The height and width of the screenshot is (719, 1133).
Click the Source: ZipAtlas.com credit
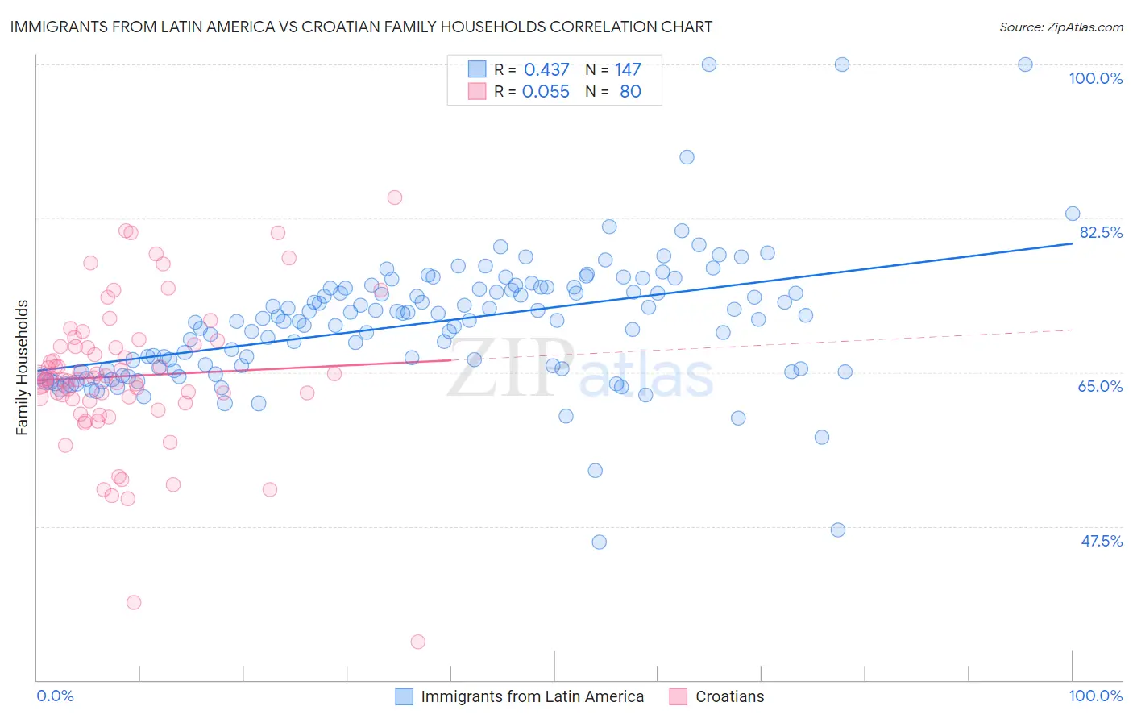(1060, 27)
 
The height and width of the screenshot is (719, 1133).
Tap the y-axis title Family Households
(23, 368)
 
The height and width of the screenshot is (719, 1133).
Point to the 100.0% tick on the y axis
(1095, 78)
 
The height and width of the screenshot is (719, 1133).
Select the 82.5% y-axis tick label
(1101, 232)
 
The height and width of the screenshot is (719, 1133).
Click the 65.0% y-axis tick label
(1100, 386)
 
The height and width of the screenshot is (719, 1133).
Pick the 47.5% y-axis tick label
(1102, 541)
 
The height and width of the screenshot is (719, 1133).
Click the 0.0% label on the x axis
(55, 696)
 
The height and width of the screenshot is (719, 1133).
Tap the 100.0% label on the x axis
(1095, 696)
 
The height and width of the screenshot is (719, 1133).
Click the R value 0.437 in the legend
(546, 70)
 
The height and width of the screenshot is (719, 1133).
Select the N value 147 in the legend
(628, 70)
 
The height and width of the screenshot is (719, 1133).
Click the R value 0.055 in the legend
(546, 92)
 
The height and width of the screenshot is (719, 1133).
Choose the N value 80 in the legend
(630, 92)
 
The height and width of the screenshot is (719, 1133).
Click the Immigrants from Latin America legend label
(532, 696)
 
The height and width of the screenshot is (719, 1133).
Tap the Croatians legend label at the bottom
(729, 696)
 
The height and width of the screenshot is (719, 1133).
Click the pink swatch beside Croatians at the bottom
(678, 696)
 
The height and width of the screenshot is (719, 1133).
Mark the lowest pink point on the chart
(417, 642)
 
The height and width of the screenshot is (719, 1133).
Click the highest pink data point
(394, 197)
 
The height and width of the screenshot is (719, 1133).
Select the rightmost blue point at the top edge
(1025, 64)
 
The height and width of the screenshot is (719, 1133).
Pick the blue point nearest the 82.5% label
(1073, 214)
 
